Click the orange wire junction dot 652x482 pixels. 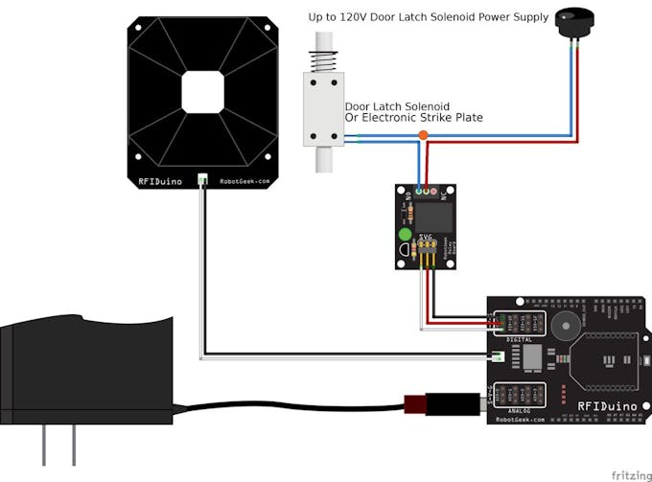[x=423, y=135]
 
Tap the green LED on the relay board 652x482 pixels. [x=405, y=234]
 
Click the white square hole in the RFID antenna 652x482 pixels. [x=203, y=92]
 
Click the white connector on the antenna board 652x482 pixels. [x=203, y=179]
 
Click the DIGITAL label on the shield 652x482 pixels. [x=519, y=339]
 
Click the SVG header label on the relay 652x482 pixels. [x=424, y=237]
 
